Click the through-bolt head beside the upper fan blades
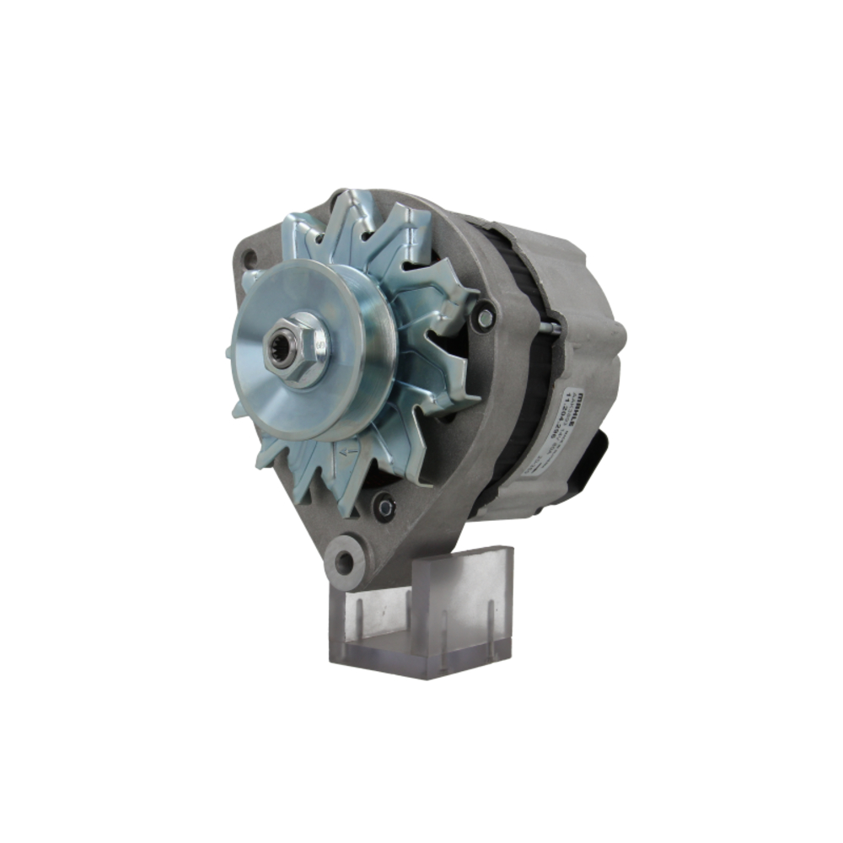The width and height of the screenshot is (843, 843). [483, 317]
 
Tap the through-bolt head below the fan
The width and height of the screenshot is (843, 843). [384, 506]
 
